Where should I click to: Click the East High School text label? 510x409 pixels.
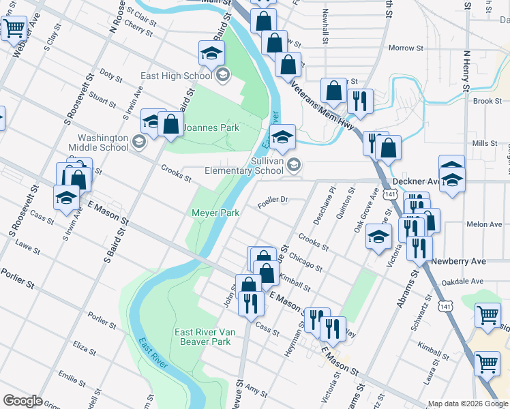point(175,76)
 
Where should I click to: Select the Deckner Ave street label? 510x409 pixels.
point(417,182)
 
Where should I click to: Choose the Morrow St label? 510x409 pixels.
point(406,48)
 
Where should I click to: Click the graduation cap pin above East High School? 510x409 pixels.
point(211,53)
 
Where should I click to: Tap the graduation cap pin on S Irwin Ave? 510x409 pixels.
point(66,198)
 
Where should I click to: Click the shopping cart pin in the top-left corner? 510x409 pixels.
point(13,29)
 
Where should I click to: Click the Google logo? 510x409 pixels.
point(22,401)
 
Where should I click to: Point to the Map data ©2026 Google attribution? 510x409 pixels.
point(467,404)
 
